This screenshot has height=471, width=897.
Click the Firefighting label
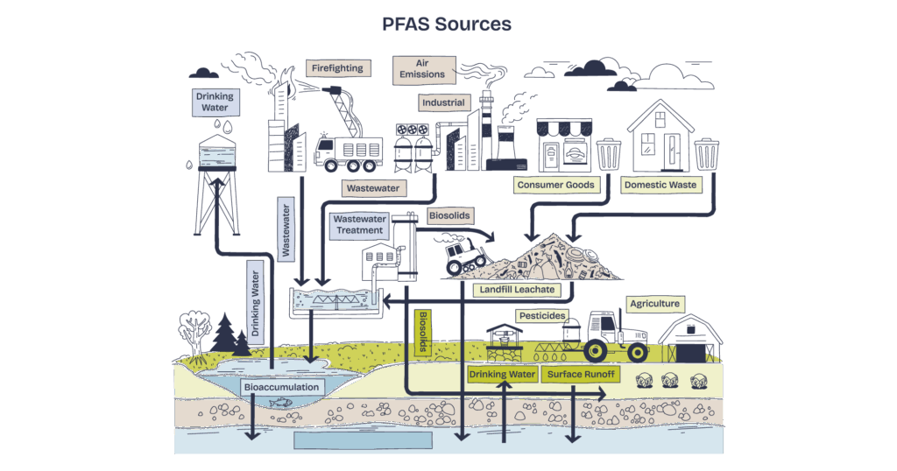tap(337, 68)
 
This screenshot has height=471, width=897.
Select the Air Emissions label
tap(424, 70)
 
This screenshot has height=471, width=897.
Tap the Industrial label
tap(443, 103)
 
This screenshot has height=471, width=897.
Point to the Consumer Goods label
tap(555, 185)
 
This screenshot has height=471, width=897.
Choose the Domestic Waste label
tap(660, 185)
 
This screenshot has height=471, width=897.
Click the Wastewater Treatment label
tap(359, 225)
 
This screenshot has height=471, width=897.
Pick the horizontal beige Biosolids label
tap(449, 215)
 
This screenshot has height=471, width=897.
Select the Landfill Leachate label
tap(517, 290)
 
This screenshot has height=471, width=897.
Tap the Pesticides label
tap(542, 315)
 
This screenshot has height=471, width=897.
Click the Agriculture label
tap(654, 304)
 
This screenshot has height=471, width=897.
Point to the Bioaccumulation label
tap(281, 387)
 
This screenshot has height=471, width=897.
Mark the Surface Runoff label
tap(580, 375)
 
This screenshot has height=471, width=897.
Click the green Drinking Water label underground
tap(502, 375)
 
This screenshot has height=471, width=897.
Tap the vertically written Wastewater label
tap(286, 228)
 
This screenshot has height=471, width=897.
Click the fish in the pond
tap(281, 403)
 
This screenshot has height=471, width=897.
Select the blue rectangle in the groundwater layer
tap(363, 440)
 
